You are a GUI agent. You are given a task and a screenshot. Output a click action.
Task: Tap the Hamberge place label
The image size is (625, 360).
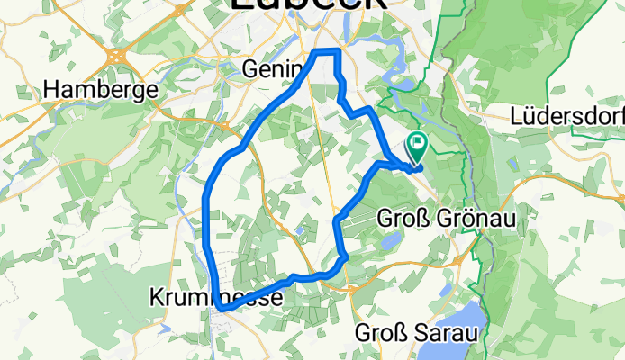[x=101, y=90]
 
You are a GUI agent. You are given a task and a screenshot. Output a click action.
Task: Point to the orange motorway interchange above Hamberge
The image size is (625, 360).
[x=117, y=56]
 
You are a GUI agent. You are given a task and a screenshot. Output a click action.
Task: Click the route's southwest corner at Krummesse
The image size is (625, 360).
[x=220, y=309]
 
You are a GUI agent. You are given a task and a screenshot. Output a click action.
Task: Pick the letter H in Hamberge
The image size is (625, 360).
[x=51, y=90]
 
